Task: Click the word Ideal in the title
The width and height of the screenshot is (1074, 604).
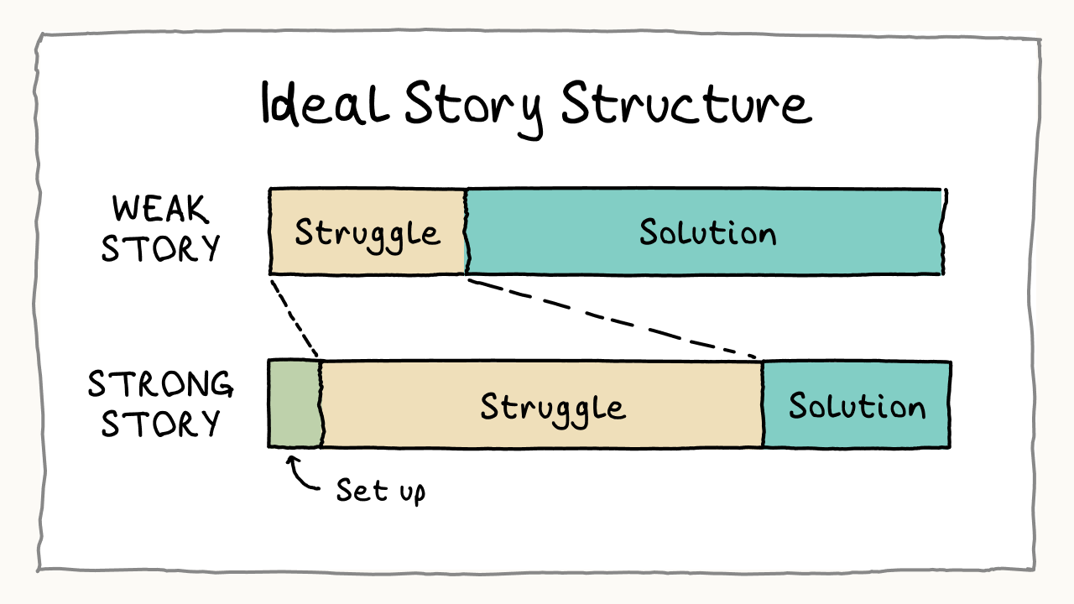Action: [325, 105]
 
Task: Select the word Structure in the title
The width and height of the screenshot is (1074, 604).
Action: [686, 105]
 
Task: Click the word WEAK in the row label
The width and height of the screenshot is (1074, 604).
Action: [160, 210]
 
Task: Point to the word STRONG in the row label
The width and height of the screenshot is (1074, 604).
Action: [160, 384]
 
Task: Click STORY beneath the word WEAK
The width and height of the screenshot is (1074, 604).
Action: [160, 248]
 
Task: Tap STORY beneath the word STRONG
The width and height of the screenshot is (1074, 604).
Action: [160, 423]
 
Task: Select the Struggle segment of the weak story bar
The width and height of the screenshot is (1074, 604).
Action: [368, 252]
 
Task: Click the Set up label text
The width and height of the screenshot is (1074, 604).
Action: [380, 489]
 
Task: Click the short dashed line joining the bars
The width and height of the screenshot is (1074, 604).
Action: [295, 317]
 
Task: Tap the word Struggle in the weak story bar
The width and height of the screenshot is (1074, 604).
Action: [368, 232]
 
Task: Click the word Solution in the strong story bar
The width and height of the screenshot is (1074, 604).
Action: [856, 406]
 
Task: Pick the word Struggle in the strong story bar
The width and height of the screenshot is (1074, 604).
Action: [553, 407]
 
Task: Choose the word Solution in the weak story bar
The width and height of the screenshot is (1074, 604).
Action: [707, 231]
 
